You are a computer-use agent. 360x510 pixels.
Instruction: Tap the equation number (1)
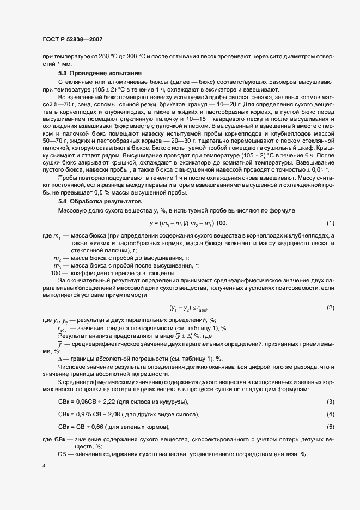[x=330, y=208]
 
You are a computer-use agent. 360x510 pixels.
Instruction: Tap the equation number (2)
[x=330, y=308]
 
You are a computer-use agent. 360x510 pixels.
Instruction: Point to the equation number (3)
[x=330, y=402]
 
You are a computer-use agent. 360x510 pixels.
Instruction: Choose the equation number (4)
[x=330, y=415]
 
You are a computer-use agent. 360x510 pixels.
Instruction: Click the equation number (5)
[x=330, y=426]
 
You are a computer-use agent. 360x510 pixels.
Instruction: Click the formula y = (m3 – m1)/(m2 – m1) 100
[x=180, y=208]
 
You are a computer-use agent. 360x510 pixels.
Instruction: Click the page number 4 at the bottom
[x=43, y=466]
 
